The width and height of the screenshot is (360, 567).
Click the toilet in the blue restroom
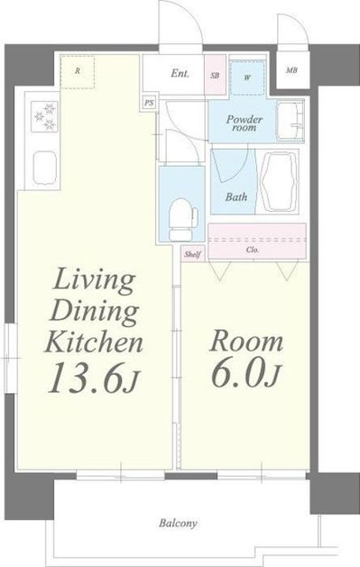coord(183,220)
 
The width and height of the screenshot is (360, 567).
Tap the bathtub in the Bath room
coord(280,181)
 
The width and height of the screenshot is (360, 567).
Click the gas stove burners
coord(45,116)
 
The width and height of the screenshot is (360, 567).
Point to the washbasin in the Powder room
coord(290,120)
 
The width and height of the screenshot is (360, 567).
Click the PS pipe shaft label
coord(149,103)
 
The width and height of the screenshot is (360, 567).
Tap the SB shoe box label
coord(215,76)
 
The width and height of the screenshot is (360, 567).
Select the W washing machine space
coord(247,78)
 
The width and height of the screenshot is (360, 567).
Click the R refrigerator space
coord(77,72)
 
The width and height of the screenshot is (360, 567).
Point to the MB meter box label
coord(291,71)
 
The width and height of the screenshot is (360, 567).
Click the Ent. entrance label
coord(180,73)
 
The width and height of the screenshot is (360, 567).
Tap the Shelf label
coord(192,254)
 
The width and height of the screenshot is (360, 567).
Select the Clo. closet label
coord(252,250)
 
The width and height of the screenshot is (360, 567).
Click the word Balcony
coord(178,523)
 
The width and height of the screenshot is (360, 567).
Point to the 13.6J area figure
coord(93,378)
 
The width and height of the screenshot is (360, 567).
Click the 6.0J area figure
coord(244,372)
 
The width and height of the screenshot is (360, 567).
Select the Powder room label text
coord(244,124)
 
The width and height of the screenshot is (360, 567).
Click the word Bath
coord(236,197)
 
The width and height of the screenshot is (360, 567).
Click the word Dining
coord(94,312)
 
